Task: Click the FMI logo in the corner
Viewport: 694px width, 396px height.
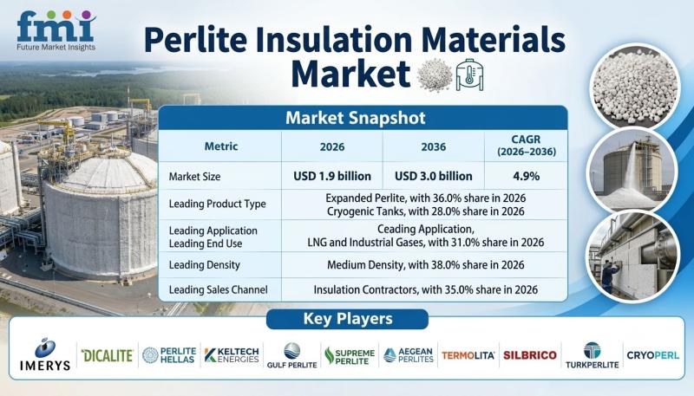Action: [x=56, y=30]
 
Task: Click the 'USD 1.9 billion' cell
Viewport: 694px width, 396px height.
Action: [x=332, y=176]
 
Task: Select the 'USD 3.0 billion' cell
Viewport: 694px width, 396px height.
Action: [x=433, y=176]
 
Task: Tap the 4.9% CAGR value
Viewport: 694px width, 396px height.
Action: [x=527, y=177]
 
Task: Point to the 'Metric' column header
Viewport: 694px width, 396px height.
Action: [x=221, y=146]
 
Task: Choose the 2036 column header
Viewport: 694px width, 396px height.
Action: [x=433, y=146]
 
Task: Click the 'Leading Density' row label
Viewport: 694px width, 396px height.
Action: [x=205, y=265]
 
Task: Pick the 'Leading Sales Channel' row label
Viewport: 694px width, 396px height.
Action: [x=219, y=289]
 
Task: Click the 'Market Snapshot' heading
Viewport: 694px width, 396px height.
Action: [x=356, y=118]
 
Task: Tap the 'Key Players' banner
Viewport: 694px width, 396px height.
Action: [x=348, y=319]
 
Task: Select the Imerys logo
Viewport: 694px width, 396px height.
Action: [x=45, y=354]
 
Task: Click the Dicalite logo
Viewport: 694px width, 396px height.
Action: [x=107, y=355]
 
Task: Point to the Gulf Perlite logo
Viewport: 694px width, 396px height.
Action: [x=291, y=355]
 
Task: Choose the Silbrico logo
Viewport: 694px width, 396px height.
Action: [x=530, y=355]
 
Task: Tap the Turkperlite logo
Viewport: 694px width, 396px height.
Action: [x=593, y=355]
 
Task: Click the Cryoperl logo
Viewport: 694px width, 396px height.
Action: [x=653, y=355]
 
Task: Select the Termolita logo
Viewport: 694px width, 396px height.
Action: [x=468, y=355]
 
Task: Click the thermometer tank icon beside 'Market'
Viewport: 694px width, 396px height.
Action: [x=469, y=75]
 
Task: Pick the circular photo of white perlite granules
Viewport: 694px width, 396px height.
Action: [x=634, y=86]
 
